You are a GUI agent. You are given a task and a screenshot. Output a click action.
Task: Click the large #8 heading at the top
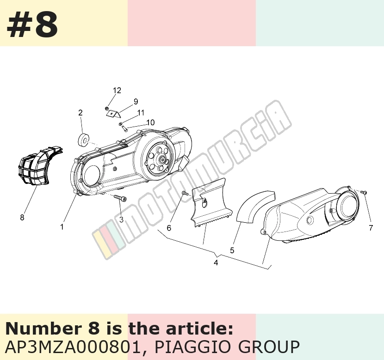click(x=32, y=24)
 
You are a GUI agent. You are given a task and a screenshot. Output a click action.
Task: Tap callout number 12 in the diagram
click(x=117, y=91)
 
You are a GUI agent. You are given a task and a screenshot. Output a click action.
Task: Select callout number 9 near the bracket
click(x=136, y=102)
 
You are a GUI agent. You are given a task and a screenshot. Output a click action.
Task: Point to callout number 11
click(x=141, y=113)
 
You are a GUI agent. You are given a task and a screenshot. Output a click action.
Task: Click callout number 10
click(x=151, y=122)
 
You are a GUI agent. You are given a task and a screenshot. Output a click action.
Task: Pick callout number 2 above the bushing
click(x=81, y=113)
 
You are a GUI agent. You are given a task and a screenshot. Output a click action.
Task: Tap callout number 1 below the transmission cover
click(x=62, y=227)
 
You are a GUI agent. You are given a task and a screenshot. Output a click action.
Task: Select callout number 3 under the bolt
click(x=121, y=220)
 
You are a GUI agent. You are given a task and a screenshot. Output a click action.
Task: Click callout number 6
click(x=169, y=228)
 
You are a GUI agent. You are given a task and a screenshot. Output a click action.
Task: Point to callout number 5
click(x=232, y=250)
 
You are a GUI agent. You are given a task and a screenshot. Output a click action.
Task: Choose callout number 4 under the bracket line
click(x=216, y=262)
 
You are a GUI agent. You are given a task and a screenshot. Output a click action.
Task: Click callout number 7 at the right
click(x=371, y=228)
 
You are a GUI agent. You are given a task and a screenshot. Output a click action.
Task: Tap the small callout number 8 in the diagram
click(x=22, y=217)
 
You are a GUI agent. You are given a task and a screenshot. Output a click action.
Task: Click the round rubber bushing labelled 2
click(x=83, y=140)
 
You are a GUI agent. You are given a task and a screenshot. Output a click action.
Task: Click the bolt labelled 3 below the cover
click(x=120, y=198)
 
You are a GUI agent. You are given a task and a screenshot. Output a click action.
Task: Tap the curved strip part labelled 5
click(x=255, y=206)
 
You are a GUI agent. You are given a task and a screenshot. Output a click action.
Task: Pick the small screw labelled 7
click(x=363, y=192)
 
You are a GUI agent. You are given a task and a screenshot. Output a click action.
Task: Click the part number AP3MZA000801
click(x=73, y=347)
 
